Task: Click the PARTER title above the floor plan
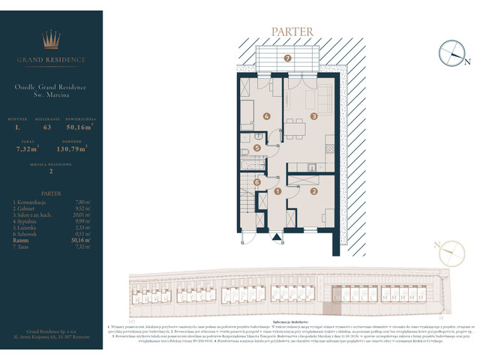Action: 288,32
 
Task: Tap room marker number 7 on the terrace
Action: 287,58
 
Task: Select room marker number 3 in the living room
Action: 314,116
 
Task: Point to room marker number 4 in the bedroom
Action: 265,117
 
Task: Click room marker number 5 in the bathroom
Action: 257,148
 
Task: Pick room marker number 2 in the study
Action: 313,191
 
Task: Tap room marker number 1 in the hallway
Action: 277,192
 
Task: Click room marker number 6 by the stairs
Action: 257,181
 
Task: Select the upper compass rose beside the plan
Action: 452,52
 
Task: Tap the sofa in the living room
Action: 325,103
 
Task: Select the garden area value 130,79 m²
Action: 72,148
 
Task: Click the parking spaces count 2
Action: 51,171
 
